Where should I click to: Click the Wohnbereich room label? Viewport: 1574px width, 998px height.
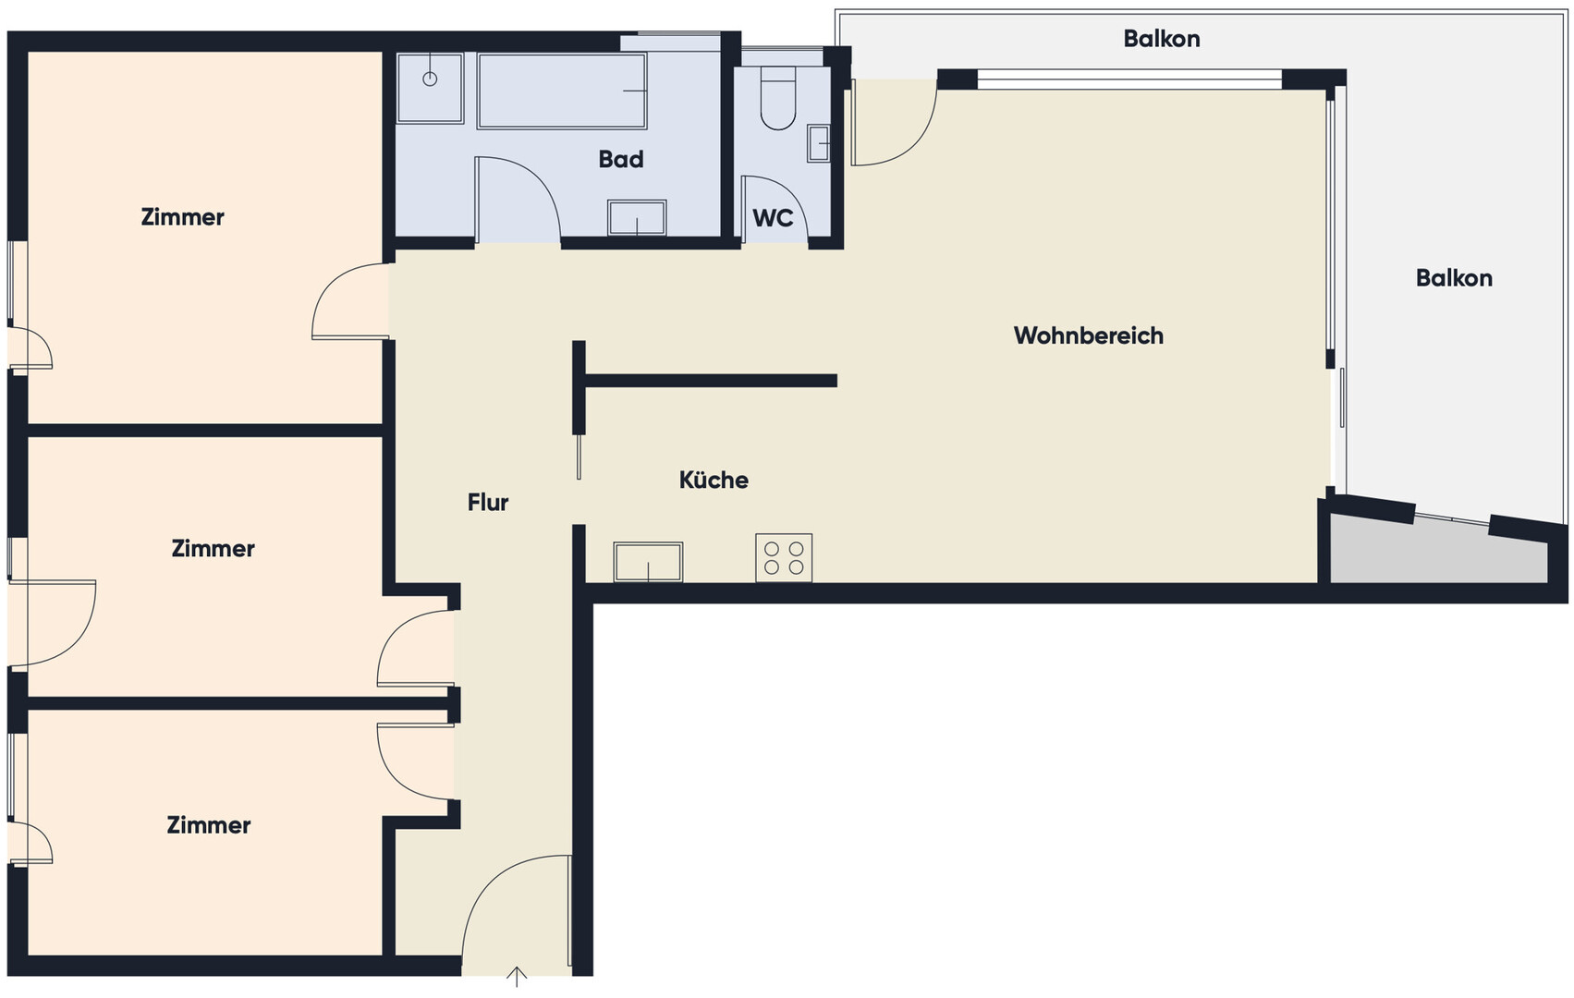(1089, 335)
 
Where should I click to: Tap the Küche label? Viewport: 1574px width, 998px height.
(714, 480)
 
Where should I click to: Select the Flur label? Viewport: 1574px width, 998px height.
(488, 502)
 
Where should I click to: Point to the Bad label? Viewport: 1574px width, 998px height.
(621, 160)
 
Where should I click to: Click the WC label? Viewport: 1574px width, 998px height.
(773, 218)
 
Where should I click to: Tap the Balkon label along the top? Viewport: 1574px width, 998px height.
(1162, 39)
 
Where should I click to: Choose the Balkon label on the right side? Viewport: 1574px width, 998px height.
(1454, 278)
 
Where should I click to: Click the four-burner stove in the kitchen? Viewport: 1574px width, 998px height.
(784, 557)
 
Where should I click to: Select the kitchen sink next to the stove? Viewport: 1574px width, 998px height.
(648, 562)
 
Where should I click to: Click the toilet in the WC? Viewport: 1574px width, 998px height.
(778, 98)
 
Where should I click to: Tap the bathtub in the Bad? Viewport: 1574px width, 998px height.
(561, 91)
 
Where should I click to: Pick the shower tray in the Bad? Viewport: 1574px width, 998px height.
(430, 89)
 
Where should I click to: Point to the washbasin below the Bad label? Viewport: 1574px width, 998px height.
(637, 218)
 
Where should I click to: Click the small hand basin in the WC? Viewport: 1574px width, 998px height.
(819, 143)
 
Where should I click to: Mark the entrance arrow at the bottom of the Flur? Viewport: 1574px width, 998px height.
(517, 977)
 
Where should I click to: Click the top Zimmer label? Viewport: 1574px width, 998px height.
(182, 217)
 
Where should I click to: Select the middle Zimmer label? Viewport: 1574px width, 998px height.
(213, 549)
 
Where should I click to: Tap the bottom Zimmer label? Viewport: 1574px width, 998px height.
(209, 825)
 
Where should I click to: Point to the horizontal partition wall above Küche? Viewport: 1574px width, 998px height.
(711, 381)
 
